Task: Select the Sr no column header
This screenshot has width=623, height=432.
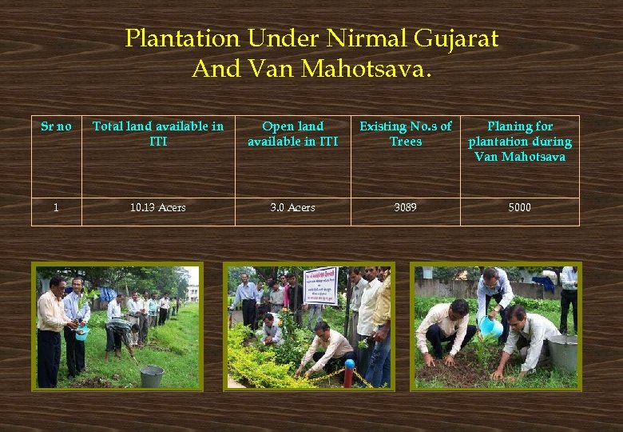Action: point(56,126)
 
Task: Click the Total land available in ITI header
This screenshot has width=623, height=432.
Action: point(158,134)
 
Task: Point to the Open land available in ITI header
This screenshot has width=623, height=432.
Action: point(292,134)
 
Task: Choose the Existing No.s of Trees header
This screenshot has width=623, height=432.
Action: point(405,134)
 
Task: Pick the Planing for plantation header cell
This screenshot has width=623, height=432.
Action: point(519,141)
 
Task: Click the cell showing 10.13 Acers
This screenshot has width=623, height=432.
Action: point(158,208)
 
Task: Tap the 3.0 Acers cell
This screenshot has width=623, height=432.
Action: point(292,208)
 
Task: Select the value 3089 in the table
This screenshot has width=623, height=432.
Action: point(405,208)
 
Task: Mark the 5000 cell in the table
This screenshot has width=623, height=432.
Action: point(519,208)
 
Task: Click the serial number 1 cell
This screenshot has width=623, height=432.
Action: point(56,208)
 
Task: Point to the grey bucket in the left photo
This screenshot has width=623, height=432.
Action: point(152,375)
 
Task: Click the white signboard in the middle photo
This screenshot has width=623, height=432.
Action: point(320,286)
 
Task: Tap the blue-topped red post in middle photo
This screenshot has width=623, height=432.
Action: point(348,372)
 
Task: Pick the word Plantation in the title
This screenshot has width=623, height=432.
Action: point(182,38)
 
